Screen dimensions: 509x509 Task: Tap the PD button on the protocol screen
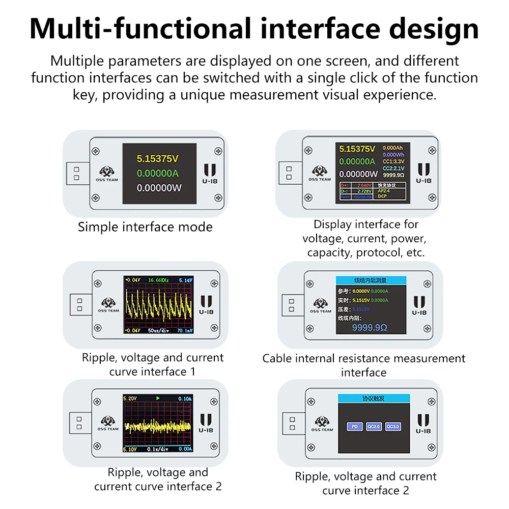pos(354,427)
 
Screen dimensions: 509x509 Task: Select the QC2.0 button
pos(373,427)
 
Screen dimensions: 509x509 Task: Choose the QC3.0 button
pos(393,427)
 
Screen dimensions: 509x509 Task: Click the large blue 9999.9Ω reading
pos(370,328)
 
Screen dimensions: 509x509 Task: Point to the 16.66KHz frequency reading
pos(159,280)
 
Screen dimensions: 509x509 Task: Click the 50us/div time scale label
pos(158,330)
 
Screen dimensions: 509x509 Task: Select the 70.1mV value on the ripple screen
pos(184,330)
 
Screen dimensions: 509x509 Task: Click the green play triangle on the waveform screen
pos(158,398)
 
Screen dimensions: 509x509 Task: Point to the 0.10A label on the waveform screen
pos(184,398)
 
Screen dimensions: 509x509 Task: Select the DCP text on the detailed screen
pos(382,196)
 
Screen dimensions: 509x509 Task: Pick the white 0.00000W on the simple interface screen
pos(159,188)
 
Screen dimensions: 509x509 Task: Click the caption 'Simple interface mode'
pos(145,227)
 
